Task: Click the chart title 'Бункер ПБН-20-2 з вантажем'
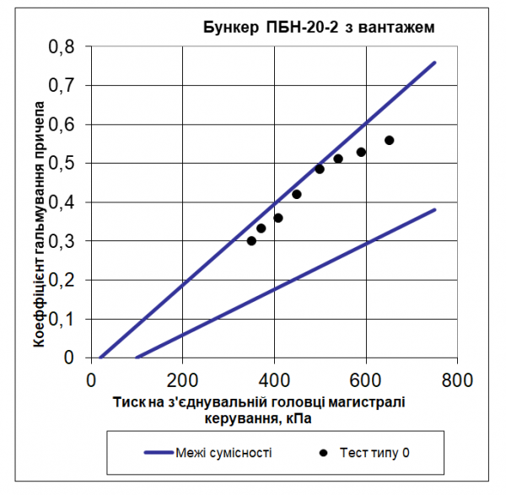click(x=319, y=27)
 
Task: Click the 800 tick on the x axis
click(x=457, y=377)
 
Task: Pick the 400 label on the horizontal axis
click(x=274, y=377)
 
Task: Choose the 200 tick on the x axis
click(x=182, y=377)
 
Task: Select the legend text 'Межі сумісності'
click(x=224, y=453)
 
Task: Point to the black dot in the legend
click(x=323, y=453)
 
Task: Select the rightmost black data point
click(x=389, y=140)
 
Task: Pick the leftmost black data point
click(x=251, y=240)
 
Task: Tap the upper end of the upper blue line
click(x=434, y=62)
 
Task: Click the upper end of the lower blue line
click(x=434, y=209)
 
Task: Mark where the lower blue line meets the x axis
click(x=137, y=358)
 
